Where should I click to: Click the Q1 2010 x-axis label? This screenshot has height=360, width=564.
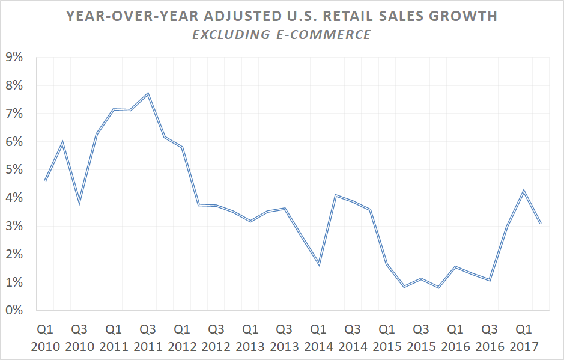pos(45,338)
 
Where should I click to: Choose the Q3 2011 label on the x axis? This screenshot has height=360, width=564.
pos(148,338)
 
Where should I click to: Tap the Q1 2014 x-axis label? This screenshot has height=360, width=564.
pos(318,338)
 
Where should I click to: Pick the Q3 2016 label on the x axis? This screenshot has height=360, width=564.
pos(490,338)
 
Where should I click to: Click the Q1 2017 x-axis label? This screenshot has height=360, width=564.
pos(524,338)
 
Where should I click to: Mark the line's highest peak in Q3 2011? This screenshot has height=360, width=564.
pos(148,93)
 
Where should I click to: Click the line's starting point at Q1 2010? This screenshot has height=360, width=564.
pos(46,180)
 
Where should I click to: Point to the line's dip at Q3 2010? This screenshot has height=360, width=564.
pos(79,203)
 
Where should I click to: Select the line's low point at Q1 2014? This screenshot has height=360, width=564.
pos(319,265)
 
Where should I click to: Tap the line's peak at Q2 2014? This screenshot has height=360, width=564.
pos(336,195)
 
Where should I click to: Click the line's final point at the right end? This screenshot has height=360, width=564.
pos(541,223)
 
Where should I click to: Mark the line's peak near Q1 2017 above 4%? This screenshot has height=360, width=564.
pos(524,191)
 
